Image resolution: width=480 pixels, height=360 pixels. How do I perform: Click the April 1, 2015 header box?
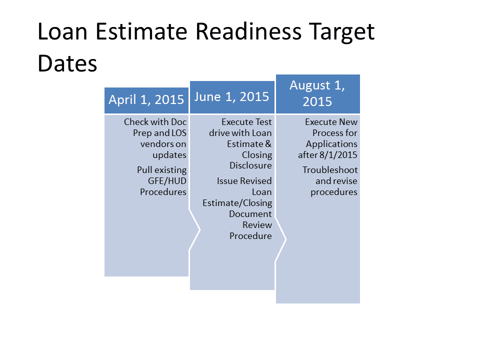point(146,100)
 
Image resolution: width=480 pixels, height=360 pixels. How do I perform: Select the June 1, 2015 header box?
point(232,97)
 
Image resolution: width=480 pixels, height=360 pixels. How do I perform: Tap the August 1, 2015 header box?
point(318,93)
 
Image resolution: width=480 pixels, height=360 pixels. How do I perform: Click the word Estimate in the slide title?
point(141,31)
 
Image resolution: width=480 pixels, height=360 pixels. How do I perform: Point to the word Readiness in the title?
point(248,31)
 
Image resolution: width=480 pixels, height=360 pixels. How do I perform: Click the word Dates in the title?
point(67,63)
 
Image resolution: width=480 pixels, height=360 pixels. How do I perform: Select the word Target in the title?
point(341,32)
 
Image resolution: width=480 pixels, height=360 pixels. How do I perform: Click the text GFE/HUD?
point(167,181)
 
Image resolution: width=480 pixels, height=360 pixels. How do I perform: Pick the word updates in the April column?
point(169,155)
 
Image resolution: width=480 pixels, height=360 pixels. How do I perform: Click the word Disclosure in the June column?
point(250,165)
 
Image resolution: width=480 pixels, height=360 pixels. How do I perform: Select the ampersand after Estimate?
point(268,144)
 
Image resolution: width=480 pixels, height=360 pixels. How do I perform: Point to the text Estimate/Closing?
point(237,203)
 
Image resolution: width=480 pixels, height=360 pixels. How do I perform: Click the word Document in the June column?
point(250,214)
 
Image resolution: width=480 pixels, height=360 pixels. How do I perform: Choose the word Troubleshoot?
point(330,170)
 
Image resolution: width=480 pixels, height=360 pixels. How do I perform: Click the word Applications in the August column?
point(331,144)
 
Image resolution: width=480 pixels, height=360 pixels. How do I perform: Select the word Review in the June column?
point(257,225)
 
